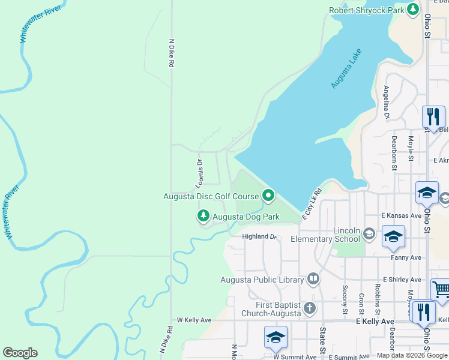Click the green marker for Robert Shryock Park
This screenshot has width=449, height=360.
point(412,10)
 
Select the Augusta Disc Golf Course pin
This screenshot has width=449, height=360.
point(268,196)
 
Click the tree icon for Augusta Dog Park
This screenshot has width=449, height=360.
point(203,216)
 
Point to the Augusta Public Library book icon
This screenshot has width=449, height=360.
point(313,279)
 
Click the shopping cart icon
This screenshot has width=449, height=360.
point(441,290)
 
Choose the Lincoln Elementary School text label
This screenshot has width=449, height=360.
point(325,235)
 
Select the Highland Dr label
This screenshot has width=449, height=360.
point(258,237)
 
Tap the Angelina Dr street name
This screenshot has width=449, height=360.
point(386,103)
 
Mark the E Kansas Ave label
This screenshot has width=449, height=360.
point(401,215)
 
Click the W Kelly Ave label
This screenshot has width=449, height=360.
point(194,320)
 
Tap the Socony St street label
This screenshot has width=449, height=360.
point(345,299)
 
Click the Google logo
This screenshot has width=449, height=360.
point(20,353)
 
